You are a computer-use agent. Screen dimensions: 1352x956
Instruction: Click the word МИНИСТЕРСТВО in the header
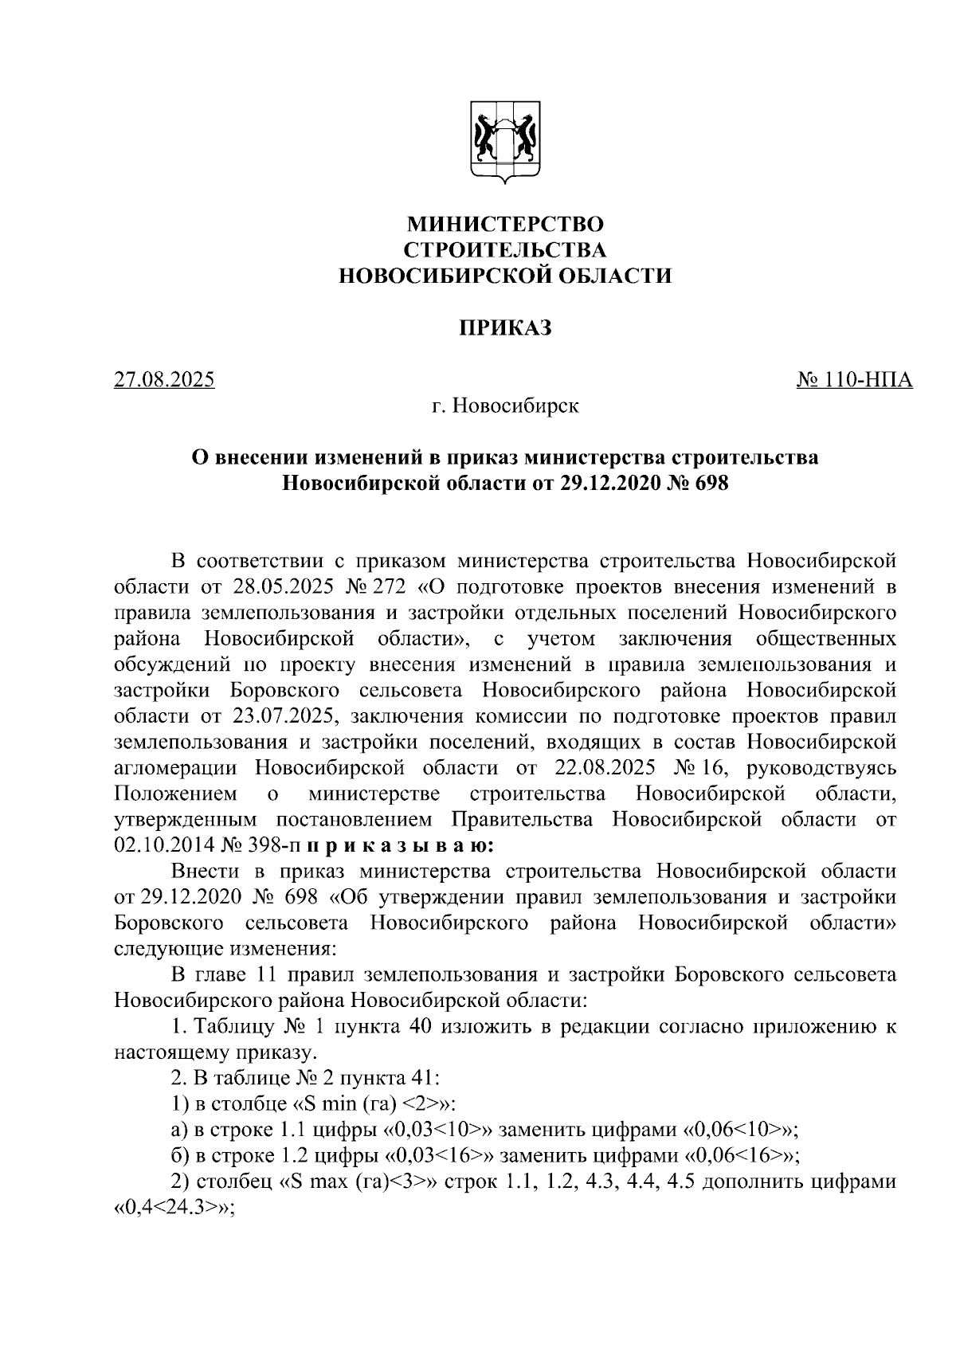click(505, 224)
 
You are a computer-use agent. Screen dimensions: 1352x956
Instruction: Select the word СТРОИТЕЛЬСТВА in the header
click(505, 250)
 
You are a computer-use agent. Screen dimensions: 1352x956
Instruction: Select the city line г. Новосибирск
click(505, 406)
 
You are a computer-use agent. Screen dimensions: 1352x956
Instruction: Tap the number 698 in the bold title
click(711, 484)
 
